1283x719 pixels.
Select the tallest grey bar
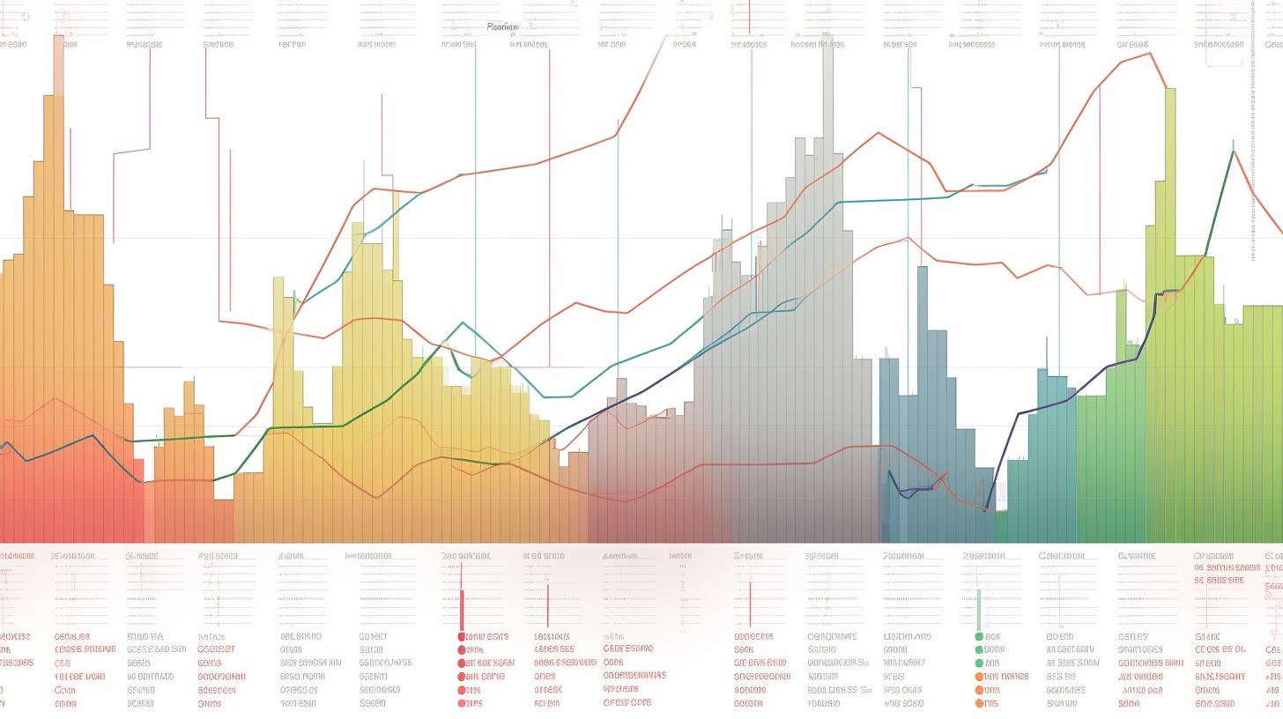pyautogui.click(x=828, y=264)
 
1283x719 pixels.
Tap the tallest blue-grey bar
pyautogui.click(x=922, y=397)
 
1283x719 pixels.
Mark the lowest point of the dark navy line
pyautogui.click(x=986, y=509)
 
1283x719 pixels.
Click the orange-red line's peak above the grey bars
pyautogui.click(x=878, y=133)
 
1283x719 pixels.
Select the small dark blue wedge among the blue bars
pyautogui.click(x=908, y=492)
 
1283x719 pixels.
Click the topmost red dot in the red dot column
pyautogui.click(x=461, y=636)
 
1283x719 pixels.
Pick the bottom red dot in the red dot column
pyautogui.click(x=461, y=703)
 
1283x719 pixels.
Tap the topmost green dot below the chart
pyautogui.click(x=978, y=636)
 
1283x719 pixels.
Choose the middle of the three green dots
pyautogui.click(x=978, y=649)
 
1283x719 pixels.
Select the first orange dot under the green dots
pyautogui.click(x=978, y=677)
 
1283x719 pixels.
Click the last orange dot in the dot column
pyautogui.click(x=978, y=703)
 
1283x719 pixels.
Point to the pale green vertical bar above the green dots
pyautogui.click(x=978, y=608)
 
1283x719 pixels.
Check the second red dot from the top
pyautogui.click(x=461, y=649)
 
